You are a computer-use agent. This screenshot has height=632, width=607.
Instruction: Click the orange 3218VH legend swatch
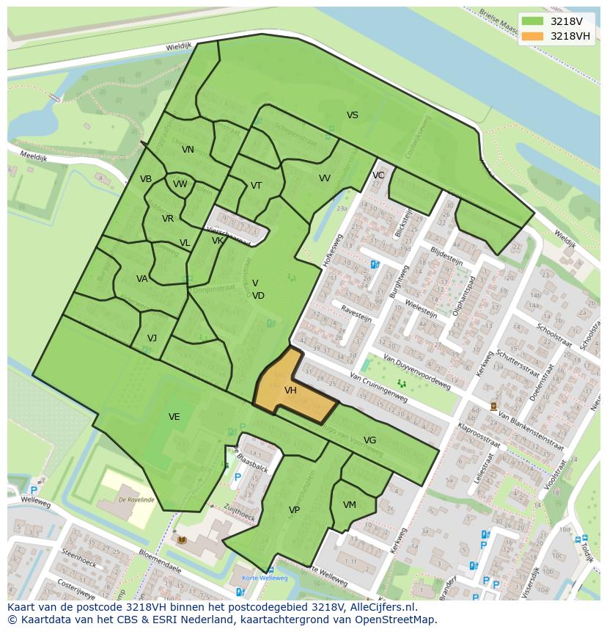pyautogui.click(x=533, y=36)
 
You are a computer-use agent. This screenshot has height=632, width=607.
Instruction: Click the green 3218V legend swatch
pyautogui.click(x=533, y=21)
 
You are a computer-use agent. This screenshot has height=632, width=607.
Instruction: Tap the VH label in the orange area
pyautogui.click(x=290, y=391)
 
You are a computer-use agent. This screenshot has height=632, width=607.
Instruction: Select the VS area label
pyautogui.click(x=353, y=115)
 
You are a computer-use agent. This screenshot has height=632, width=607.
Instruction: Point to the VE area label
pyautogui.click(x=174, y=417)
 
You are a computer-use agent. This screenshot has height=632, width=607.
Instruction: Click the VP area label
pyautogui.click(x=294, y=510)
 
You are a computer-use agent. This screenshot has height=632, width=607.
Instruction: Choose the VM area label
pyautogui.click(x=349, y=505)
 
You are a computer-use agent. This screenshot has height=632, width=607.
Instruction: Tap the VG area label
pyautogui.click(x=369, y=440)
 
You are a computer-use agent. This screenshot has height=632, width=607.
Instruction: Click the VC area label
pyautogui.click(x=378, y=175)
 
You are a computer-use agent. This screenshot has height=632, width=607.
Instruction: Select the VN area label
pyautogui.click(x=188, y=150)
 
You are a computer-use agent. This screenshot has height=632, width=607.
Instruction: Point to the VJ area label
pyautogui.click(x=152, y=338)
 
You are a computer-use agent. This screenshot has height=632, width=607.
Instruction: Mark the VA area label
pyautogui.click(x=141, y=279)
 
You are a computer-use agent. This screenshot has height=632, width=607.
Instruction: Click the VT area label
pyautogui.click(x=256, y=186)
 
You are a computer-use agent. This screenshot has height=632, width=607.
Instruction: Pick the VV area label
pyautogui.click(x=324, y=178)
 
